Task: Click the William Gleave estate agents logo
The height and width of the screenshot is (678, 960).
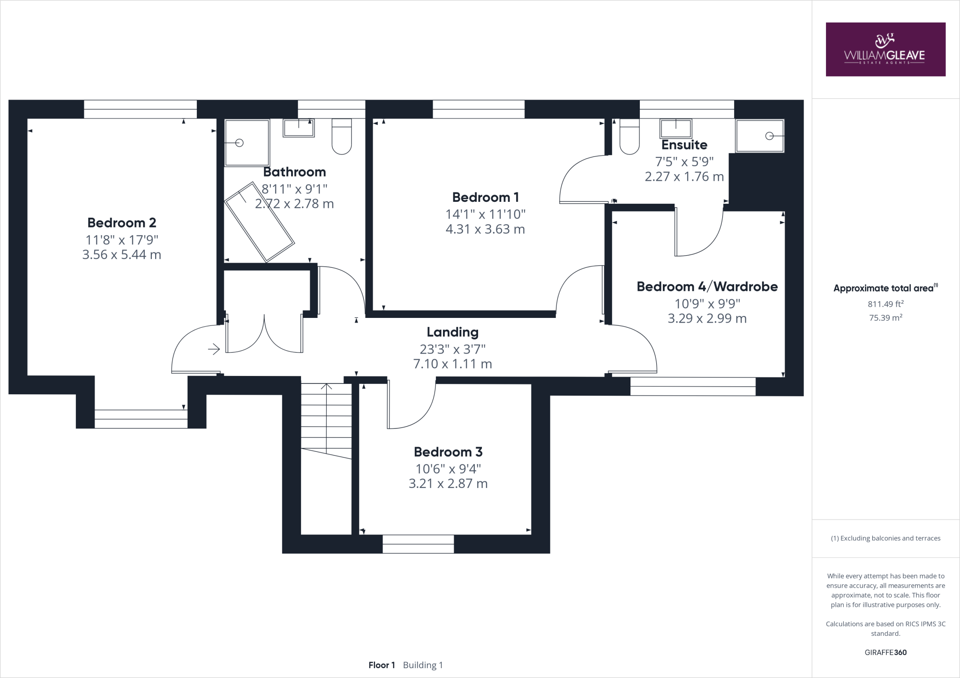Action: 885,49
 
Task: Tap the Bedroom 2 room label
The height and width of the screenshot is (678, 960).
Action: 121,222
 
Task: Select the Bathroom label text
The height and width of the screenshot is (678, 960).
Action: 294,172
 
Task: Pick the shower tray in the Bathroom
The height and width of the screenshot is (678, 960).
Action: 247,142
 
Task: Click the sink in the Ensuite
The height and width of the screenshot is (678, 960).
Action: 675,128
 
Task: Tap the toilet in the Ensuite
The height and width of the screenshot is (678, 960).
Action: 629,136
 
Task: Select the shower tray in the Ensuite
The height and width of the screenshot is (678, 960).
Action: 759,136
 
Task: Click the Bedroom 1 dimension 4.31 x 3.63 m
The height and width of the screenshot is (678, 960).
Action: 485,229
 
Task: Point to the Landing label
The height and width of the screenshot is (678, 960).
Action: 452,332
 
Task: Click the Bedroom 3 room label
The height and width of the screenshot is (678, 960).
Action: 448,452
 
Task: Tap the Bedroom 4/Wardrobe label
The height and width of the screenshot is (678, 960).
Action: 707,287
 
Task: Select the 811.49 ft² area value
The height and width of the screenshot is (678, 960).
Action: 885,304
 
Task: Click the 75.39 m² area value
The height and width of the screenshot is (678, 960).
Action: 885,317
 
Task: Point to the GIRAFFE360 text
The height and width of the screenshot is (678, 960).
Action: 885,652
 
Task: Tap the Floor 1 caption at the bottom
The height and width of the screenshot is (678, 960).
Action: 382,665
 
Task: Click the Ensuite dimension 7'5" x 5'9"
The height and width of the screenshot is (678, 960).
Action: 684,162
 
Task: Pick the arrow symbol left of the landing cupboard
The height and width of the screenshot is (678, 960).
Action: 214,349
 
